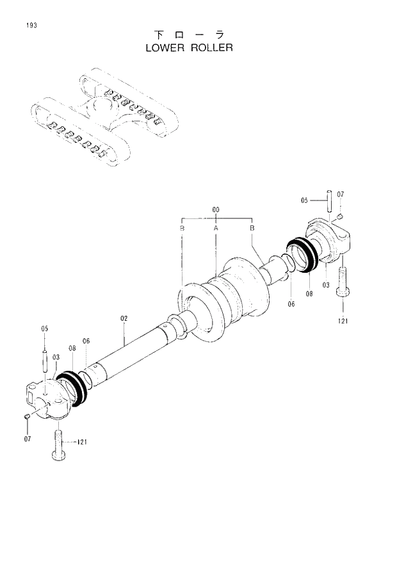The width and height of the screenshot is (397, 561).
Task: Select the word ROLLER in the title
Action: [211, 48]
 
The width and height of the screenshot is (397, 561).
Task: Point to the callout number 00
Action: [216, 209]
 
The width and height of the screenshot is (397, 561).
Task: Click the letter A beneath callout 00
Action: [216, 228]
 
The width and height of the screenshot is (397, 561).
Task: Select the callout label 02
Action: [124, 318]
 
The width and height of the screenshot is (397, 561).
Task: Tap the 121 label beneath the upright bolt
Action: [343, 321]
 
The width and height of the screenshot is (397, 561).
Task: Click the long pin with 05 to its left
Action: [328, 202]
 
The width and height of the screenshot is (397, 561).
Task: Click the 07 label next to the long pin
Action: [341, 194]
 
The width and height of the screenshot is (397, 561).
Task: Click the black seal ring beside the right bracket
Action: [302, 254]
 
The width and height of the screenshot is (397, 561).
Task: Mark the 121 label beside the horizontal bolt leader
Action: [83, 442]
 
